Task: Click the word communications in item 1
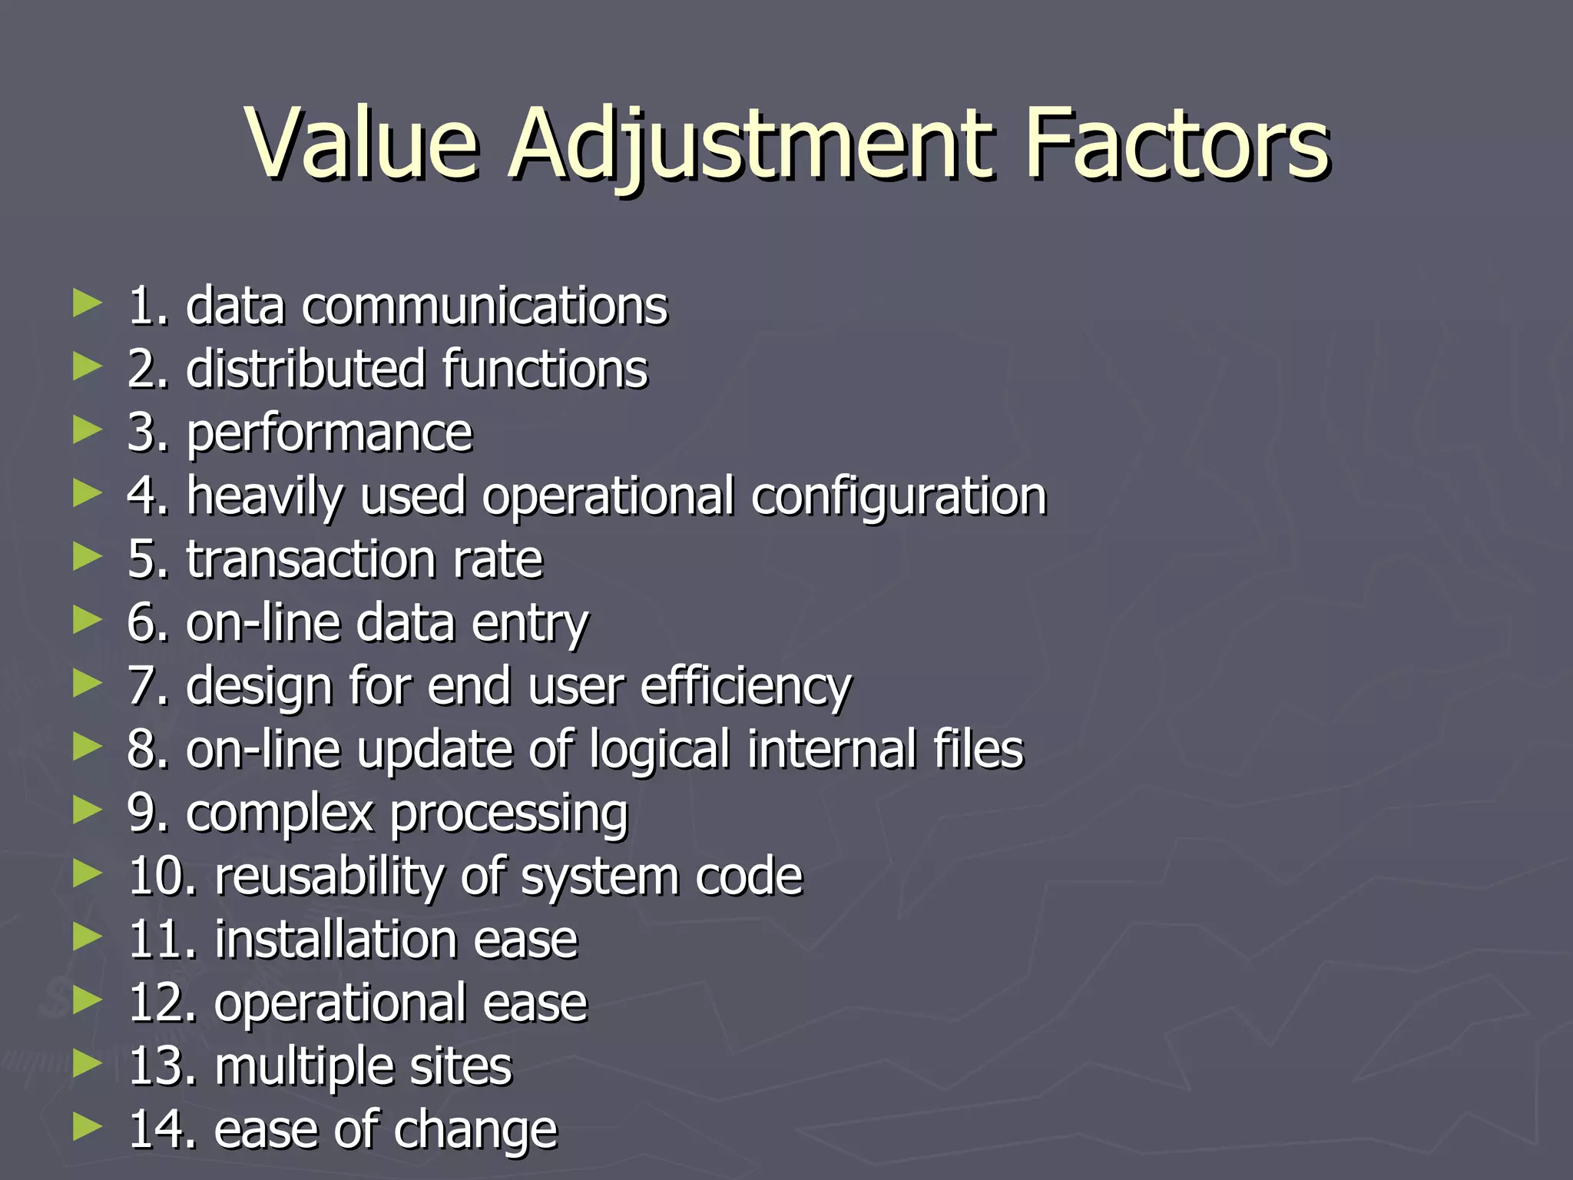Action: pyautogui.click(x=484, y=306)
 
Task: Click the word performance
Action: pyautogui.click(x=330, y=433)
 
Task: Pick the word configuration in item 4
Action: pyautogui.click(x=899, y=496)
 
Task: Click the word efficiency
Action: pyautogui.click(x=746, y=686)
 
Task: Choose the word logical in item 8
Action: pyautogui.click(x=660, y=750)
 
